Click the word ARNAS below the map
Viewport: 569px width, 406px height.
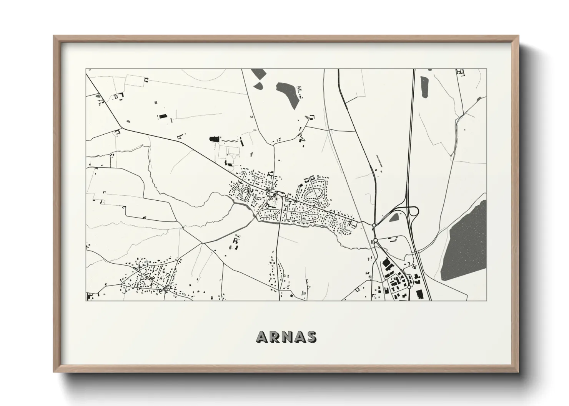pyautogui.click(x=286, y=337)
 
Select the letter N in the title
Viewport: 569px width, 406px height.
pyautogui.click(x=286, y=337)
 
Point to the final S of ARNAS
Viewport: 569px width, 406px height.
pyautogui.click(x=312, y=337)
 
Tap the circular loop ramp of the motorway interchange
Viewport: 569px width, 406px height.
pyautogui.click(x=414, y=211)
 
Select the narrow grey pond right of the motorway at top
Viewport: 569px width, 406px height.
pyautogui.click(x=424, y=87)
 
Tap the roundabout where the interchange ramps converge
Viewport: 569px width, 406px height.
pyautogui.click(x=374, y=225)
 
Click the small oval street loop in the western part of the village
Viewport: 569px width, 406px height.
pyautogui.click(x=243, y=194)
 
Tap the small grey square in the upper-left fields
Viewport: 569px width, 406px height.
pyautogui.click(x=155, y=103)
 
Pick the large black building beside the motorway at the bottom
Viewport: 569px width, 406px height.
pyautogui.click(x=420, y=294)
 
